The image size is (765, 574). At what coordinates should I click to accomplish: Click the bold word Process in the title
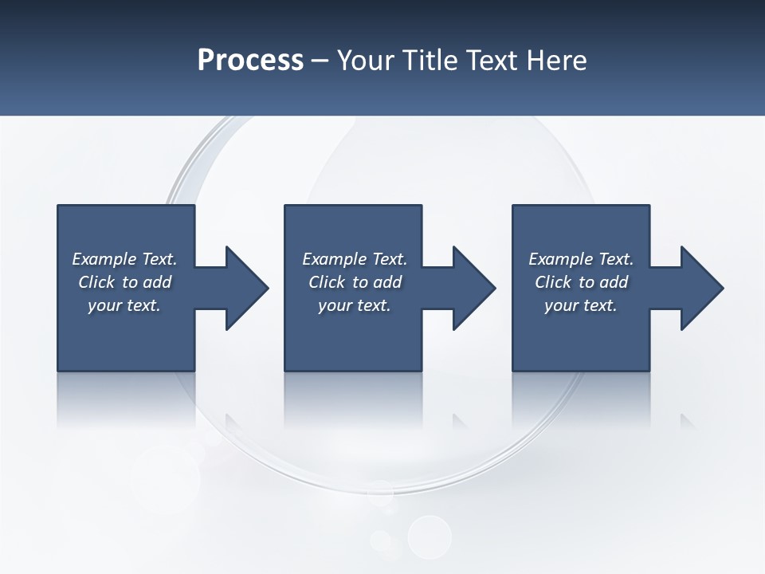click(250, 61)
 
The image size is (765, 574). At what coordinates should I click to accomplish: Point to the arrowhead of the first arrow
click(247, 288)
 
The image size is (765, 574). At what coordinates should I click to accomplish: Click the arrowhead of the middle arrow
click(474, 288)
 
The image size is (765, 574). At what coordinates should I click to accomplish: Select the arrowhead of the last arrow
click(702, 288)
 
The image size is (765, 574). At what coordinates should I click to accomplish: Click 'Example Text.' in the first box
click(124, 259)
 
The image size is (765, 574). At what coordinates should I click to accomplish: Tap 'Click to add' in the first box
click(124, 282)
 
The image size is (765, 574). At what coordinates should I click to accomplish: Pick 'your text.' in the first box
click(124, 305)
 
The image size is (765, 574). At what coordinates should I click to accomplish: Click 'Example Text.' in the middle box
click(355, 259)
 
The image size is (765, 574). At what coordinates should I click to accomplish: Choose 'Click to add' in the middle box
click(355, 282)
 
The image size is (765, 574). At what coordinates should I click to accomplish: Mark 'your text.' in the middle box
click(355, 305)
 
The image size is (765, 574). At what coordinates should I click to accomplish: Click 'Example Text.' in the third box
click(581, 259)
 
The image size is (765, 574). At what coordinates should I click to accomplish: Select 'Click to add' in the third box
click(581, 282)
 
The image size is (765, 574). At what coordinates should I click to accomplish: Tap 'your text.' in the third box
click(581, 305)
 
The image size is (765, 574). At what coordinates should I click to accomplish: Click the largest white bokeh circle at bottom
click(430, 537)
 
